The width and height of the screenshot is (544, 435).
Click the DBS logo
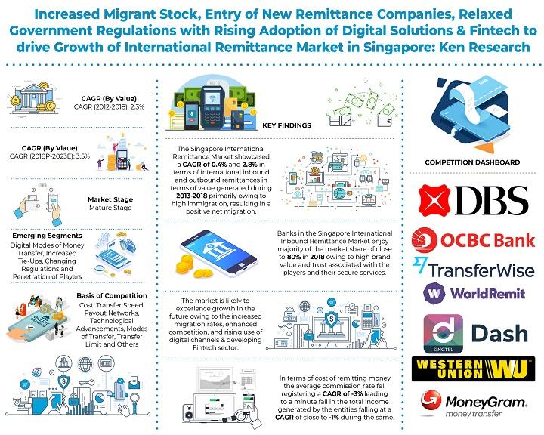473,200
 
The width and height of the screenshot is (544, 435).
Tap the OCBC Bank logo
473,240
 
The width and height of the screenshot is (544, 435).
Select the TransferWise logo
473,269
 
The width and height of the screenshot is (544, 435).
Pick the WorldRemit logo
474,294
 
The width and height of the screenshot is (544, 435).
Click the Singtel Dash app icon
443,334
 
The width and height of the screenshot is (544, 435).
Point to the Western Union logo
473,369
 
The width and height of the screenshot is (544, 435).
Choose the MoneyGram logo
473,404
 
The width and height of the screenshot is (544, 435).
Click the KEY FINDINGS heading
286,125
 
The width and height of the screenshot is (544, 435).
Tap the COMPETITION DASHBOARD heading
472,162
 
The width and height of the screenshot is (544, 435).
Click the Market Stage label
110,199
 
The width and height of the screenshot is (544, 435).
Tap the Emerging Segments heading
47,236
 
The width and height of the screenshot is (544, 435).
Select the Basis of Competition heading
112,295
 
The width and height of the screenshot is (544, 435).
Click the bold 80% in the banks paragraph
294,257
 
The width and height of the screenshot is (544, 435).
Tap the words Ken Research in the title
484,47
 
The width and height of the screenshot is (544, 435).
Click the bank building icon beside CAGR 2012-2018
32,98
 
